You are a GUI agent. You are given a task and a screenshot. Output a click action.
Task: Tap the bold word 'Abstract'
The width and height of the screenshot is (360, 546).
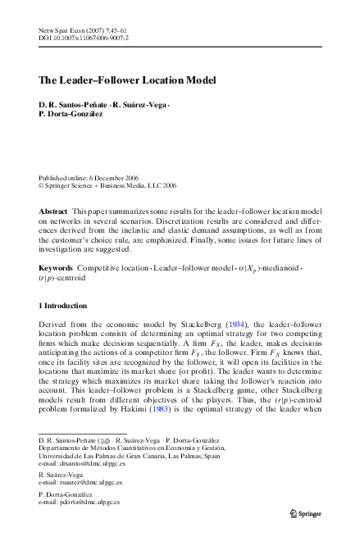click(x=54, y=212)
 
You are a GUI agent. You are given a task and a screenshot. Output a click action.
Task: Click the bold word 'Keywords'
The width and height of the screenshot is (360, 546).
click(x=57, y=268)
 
